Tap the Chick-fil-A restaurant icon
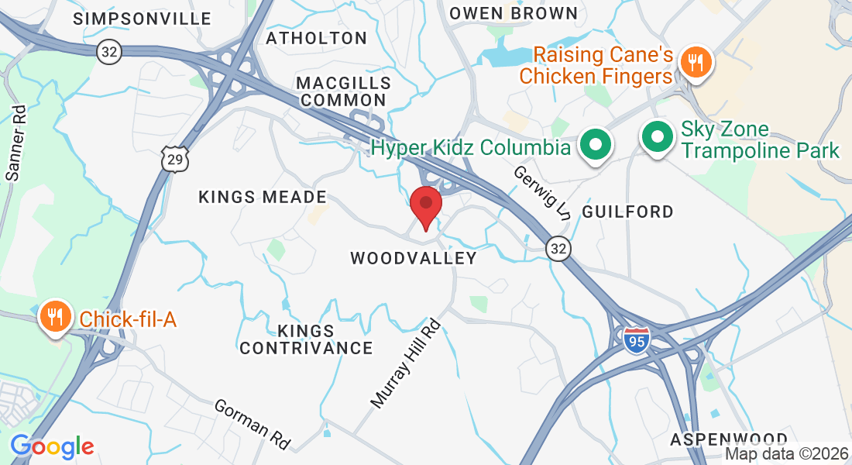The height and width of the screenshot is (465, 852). (x=56, y=318)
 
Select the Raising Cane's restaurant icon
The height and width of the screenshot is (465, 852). (x=696, y=62)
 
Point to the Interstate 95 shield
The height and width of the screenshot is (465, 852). (x=636, y=339)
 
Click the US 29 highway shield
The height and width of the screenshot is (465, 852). (x=174, y=159)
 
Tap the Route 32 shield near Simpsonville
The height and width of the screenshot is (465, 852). (x=109, y=52)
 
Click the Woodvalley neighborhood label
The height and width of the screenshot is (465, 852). (x=414, y=258)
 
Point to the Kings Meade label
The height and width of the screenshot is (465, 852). (x=263, y=197)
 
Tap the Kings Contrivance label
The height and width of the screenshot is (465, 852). (x=306, y=339)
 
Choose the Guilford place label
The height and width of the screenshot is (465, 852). (x=627, y=211)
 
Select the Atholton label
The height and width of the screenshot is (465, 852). (x=316, y=38)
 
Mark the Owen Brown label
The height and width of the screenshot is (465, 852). (x=514, y=13)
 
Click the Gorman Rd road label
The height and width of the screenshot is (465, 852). (x=253, y=424)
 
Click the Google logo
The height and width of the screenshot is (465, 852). (x=52, y=446)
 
